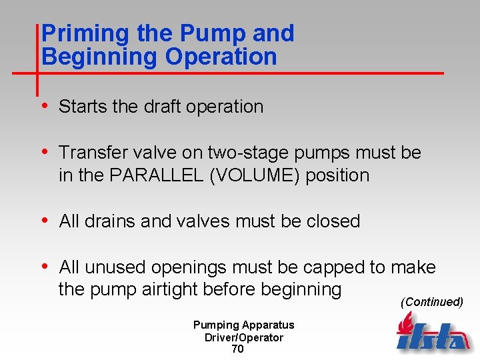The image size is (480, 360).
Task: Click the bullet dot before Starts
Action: (45, 106)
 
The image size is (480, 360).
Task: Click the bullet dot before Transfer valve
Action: (45, 152)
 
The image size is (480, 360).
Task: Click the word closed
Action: (333, 221)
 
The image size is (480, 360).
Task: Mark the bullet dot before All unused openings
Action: (45, 267)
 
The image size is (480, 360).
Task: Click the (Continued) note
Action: (431, 302)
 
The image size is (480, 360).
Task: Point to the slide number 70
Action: (237, 349)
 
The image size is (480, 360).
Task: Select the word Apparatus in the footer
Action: (268, 325)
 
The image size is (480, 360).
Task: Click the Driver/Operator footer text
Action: (243, 337)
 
